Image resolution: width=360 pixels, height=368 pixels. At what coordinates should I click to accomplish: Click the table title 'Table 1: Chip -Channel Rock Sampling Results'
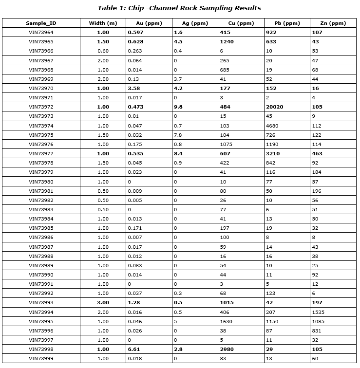point(179,8)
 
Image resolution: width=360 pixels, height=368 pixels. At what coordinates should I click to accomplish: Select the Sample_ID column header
point(41,23)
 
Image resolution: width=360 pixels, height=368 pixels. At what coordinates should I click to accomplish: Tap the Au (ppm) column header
point(149,23)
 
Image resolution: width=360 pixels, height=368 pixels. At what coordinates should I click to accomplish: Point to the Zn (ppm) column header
point(334,23)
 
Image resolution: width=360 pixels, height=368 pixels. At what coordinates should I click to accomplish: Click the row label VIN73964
point(41,32)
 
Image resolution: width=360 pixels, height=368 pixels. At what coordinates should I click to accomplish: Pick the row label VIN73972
point(41,107)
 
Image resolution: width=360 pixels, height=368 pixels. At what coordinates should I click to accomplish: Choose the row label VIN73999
point(41,358)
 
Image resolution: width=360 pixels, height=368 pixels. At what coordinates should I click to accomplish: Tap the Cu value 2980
point(227,349)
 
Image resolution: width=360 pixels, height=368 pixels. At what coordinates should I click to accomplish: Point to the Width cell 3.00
point(103,303)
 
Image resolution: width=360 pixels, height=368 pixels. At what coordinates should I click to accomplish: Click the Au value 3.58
point(134,88)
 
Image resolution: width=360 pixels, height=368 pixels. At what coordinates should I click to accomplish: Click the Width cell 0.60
point(103,51)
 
